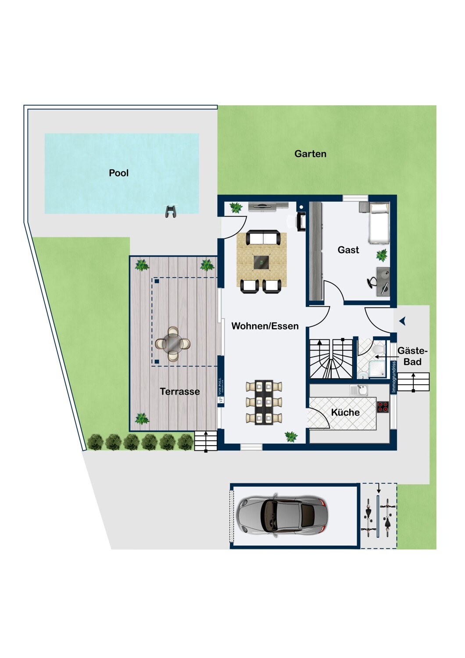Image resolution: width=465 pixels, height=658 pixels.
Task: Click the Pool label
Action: pyautogui.click(x=118, y=173)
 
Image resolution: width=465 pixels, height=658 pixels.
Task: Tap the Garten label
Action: pyautogui.click(x=310, y=154)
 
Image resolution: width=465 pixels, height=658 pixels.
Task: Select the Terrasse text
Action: pyautogui.click(x=179, y=391)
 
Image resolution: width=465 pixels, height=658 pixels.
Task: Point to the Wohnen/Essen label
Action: pyautogui.click(x=265, y=326)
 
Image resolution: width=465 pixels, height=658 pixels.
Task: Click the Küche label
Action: pyautogui.click(x=345, y=412)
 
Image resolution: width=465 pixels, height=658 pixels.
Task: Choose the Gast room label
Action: pyautogui.click(x=348, y=250)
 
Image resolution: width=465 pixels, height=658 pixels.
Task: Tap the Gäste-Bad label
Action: pyautogui.click(x=412, y=356)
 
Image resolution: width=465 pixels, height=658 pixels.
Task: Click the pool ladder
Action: pyautogui.click(x=170, y=211)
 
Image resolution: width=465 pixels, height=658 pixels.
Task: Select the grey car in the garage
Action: pyautogui.click(x=283, y=516)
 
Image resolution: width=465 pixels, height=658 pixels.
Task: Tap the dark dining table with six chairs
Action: pyautogui.click(x=264, y=402)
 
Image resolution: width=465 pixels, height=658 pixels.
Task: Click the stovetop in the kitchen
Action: pyautogui.click(x=383, y=407)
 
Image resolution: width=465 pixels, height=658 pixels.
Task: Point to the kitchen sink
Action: pyautogui.click(x=361, y=390)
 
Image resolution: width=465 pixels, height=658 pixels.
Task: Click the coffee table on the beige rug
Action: pyautogui.click(x=261, y=262)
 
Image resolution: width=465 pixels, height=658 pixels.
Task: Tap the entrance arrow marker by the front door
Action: pyautogui.click(x=402, y=322)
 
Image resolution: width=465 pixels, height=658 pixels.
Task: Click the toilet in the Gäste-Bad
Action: pyautogui.click(x=379, y=348)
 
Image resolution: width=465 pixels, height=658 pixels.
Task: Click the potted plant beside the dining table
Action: pyautogui.click(x=291, y=436)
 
